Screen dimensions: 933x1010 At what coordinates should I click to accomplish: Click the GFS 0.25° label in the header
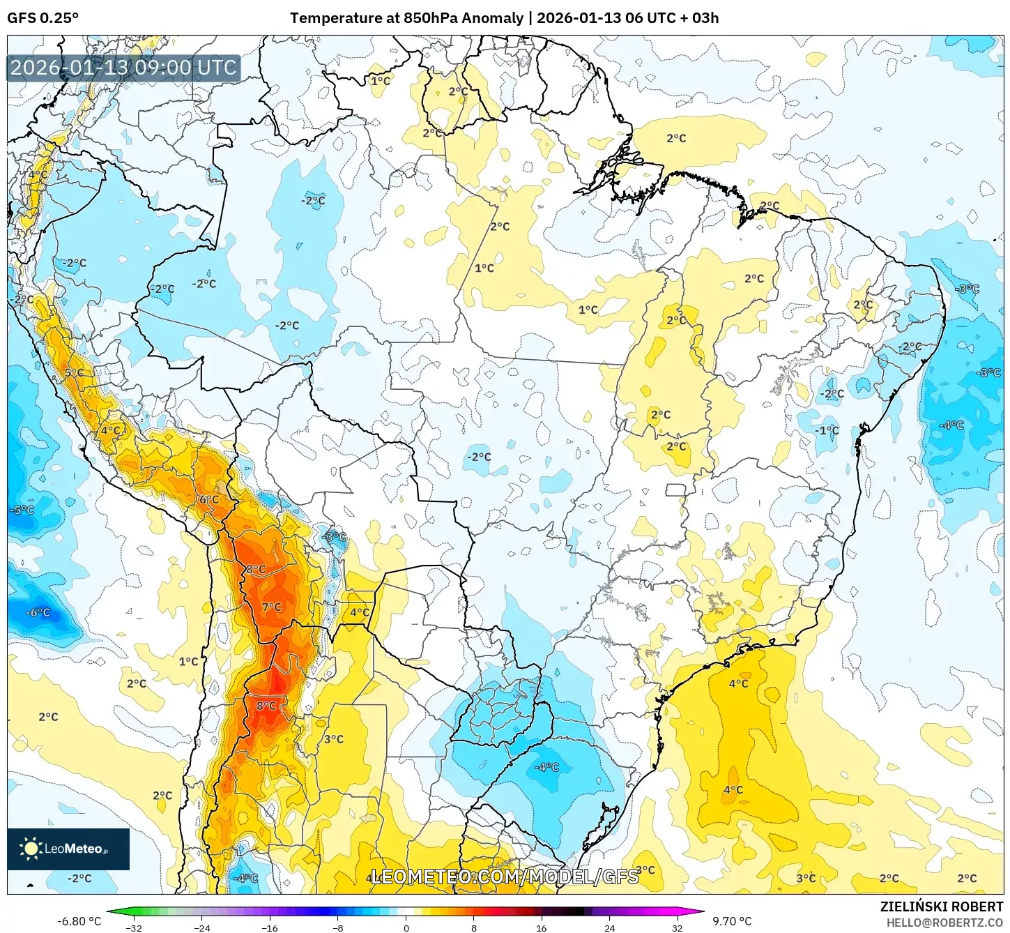(x=43, y=18)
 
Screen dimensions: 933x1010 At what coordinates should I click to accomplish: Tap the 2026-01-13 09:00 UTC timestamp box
(x=123, y=68)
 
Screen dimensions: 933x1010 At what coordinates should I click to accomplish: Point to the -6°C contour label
(x=38, y=612)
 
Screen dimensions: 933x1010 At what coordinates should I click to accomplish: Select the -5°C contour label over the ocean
(x=22, y=510)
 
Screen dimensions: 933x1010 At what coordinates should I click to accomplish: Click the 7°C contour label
(x=272, y=607)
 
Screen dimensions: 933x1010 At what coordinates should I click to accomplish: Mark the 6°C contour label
(x=209, y=499)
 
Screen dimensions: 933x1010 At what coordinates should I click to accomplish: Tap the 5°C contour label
(x=74, y=373)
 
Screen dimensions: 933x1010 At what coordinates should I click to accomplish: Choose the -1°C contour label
(x=827, y=430)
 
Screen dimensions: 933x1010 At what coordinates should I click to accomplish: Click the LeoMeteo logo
(x=68, y=849)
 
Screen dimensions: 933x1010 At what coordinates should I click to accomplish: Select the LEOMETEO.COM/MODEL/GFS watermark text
(x=505, y=877)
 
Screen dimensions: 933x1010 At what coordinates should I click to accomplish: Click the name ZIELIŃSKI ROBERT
(x=941, y=907)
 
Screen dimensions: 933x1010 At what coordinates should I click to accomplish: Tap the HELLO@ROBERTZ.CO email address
(x=944, y=923)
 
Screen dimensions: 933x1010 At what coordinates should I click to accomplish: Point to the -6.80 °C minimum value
(x=79, y=921)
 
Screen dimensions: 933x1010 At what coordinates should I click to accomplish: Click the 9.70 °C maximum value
(x=732, y=921)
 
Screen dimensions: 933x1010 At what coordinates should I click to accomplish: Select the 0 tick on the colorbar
(x=406, y=928)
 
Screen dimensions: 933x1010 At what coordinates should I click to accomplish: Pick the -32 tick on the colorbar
(x=134, y=928)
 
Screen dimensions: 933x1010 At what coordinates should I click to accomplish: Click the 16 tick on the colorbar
(x=541, y=928)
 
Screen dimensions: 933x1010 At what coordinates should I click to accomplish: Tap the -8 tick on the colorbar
(x=337, y=928)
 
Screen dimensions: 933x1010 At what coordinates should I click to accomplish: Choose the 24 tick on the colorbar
(x=609, y=928)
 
